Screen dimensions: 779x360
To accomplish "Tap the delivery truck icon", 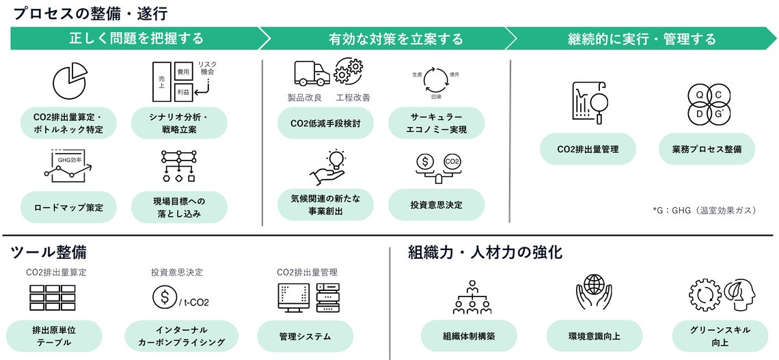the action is (312, 72).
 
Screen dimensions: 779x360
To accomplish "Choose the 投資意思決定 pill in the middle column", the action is (436, 204).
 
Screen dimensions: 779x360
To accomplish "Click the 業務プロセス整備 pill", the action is (707, 149).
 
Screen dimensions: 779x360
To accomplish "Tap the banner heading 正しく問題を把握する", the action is (136, 38).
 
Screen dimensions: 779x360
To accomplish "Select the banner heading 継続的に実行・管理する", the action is (642, 38).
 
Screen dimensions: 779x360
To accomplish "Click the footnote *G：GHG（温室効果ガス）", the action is (705, 210).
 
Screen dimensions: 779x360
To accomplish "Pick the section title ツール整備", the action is (49, 253).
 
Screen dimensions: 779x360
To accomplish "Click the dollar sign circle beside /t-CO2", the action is (164, 297).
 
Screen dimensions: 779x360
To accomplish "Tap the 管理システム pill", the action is (305, 336).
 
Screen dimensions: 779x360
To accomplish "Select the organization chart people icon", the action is (472, 297).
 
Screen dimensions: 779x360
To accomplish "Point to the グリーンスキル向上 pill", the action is (720, 335).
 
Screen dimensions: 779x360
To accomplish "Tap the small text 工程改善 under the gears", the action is (353, 98).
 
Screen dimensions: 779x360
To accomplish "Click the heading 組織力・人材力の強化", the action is (485, 253).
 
